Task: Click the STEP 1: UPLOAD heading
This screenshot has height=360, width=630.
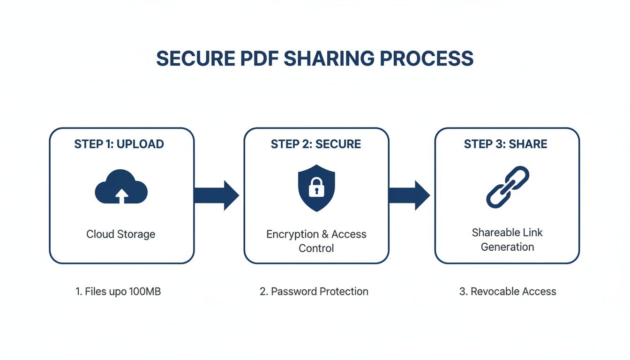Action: [119, 144]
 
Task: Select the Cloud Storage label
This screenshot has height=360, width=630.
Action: [121, 234]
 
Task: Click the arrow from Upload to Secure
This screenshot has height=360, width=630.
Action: [217, 195]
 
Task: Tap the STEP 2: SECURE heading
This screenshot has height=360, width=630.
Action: [316, 144]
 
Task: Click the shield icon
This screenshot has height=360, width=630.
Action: [316, 187]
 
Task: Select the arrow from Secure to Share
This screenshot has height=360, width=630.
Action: [409, 195]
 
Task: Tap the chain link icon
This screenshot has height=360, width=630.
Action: [507, 187]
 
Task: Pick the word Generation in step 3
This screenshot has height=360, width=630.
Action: [507, 247]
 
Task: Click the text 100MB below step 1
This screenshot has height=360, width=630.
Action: [145, 292]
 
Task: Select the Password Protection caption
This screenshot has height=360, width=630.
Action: [314, 292]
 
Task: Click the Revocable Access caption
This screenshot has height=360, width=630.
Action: [508, 292]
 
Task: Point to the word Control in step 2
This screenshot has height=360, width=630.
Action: [316, 248]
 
